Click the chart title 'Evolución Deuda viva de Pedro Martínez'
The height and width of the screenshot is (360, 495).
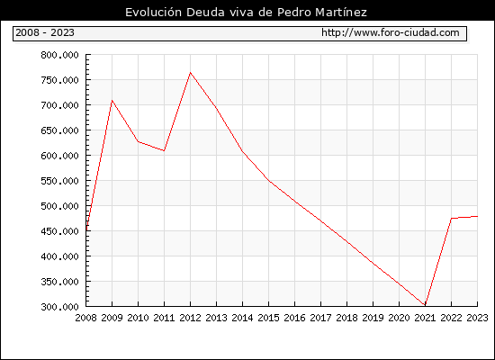point(246,13)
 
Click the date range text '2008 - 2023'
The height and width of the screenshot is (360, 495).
point(45,32)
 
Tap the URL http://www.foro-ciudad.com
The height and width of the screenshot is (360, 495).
point(391,32)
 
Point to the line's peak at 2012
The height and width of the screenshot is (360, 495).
point(190,73)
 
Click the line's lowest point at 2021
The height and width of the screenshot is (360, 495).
point(425,305)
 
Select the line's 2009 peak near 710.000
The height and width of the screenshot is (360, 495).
point(112,100)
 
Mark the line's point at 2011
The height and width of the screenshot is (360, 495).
point(164,150)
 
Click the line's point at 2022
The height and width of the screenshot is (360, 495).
point(451,218)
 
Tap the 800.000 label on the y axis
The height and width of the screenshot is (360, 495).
point(59,55)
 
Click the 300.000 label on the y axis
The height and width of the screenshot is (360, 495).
point(59,307)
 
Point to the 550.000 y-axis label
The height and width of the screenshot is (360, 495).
point(59,181)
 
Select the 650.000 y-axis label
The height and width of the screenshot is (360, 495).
point(59,130)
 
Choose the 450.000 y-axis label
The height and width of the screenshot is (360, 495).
point(59,231)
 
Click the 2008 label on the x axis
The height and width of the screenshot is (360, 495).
point(85,318)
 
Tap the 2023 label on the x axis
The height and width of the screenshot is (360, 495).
point(477,318)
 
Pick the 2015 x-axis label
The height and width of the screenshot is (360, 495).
point(269,318)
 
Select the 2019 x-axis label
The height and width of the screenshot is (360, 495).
point(373,318)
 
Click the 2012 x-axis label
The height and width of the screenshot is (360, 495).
point(190,318)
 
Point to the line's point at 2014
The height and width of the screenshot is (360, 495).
point(242,151)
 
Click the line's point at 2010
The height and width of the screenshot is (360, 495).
point(138,141)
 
